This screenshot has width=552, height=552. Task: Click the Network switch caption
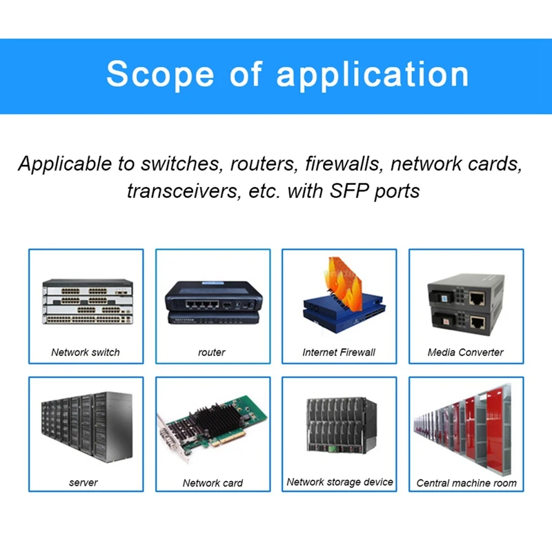click(x=86, y=352)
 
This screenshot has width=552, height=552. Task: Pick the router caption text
click(x=212, y=352)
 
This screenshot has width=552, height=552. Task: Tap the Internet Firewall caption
click(x=339, y=352)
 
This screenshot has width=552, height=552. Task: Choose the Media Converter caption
click(x=466, y=352)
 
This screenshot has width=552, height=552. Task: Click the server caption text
click(x=83, y=482)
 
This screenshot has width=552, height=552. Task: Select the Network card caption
click(x=213, y=483)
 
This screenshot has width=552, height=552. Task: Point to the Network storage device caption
click(x=339, y=482)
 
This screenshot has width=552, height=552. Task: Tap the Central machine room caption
click(x=466, y=483)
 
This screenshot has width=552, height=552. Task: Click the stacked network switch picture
click(x=86, y=301)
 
